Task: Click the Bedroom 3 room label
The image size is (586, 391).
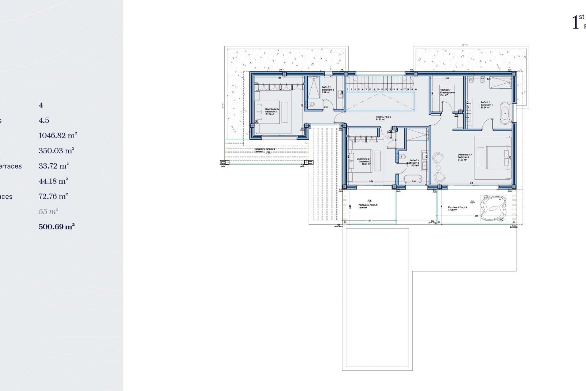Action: pos(271,111)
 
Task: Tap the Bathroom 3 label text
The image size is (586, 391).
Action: pos(328,90)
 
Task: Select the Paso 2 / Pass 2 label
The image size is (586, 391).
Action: pos(383,118)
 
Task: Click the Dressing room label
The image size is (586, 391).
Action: pos(447,92)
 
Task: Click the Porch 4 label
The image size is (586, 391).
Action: pos(457,208)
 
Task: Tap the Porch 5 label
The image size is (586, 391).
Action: pos(367,206)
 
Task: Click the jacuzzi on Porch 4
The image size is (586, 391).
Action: pos(493,208)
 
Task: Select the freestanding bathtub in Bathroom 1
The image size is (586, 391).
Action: pos(505,113)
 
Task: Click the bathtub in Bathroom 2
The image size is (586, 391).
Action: pos(413,179)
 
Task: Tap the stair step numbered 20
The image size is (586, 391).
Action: pos(415,90)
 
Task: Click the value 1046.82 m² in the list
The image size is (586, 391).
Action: pos(58,135)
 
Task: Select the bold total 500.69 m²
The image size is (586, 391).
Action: pos(57,227)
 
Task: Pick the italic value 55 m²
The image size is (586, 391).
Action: pos(48,211)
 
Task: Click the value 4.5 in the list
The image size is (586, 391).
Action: pos(44,120)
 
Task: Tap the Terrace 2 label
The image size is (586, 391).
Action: pos(265,150)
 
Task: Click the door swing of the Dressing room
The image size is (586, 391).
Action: pos(447,109)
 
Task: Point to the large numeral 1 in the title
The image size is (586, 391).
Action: pos(575,22)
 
